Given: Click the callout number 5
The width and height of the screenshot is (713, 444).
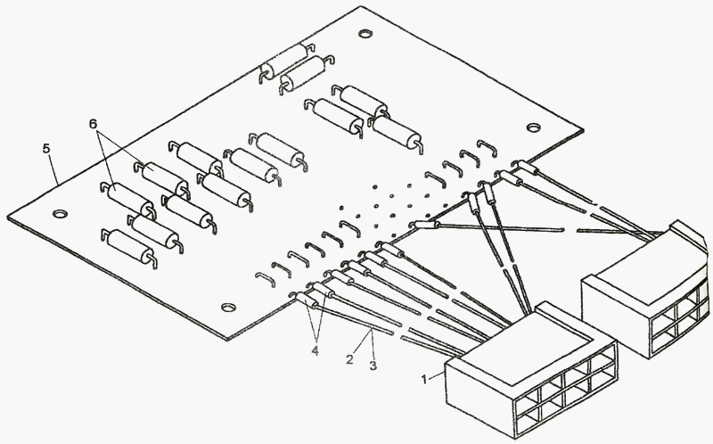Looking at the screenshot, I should click(47, 148).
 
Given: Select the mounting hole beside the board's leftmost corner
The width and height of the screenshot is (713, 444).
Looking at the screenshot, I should click(59, 214).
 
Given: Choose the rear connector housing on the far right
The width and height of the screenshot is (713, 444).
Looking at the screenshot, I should click(646, 285).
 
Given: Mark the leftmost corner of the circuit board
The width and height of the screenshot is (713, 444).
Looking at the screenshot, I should click(8, 218).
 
